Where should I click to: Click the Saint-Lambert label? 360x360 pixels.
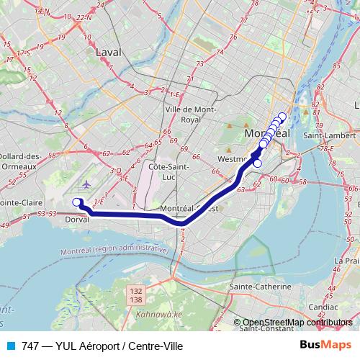(330, 135)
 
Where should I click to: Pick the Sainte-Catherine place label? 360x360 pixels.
(260, 286)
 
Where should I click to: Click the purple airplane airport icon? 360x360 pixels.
(86, 184)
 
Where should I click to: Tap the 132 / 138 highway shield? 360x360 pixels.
(137, 293)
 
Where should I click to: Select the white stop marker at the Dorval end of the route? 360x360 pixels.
(77, 202)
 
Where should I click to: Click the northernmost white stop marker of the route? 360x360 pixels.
(282, 117)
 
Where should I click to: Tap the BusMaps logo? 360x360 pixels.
(325, 346)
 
